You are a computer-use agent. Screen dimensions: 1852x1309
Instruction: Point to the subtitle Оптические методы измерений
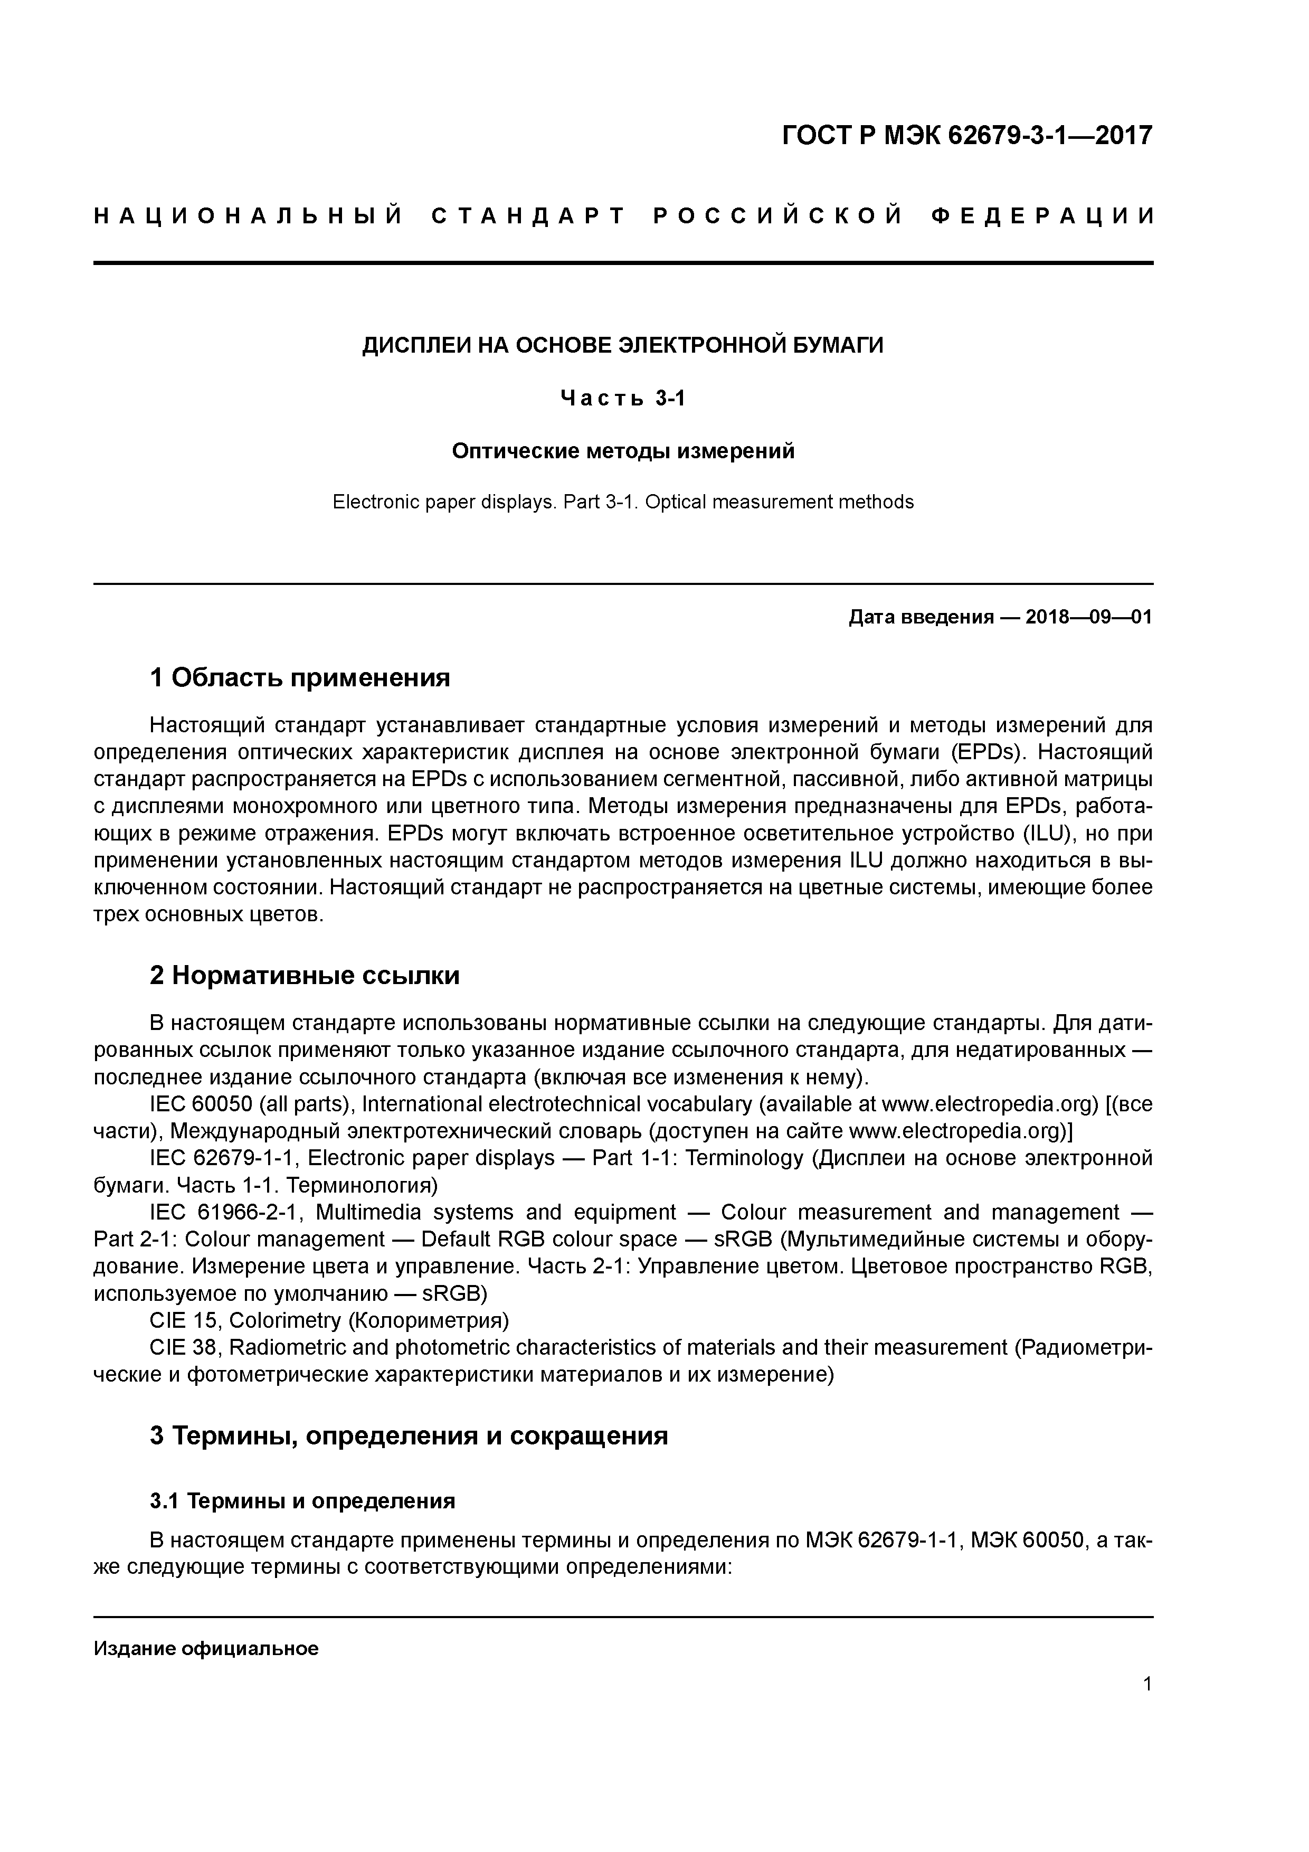tap(623, 451)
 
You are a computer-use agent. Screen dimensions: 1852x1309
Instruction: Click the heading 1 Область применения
tap(300, 677)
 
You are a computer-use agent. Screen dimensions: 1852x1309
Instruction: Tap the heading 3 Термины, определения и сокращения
tap(409, 1436)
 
